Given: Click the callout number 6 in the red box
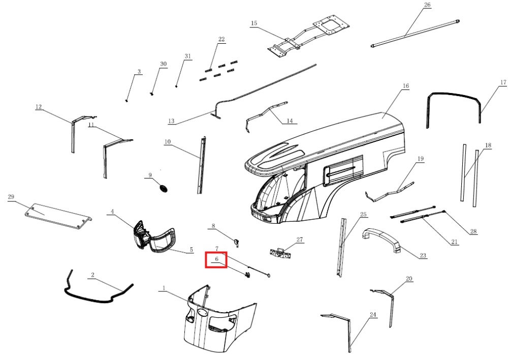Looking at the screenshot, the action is coord(217,259).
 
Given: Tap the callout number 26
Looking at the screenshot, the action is coord(427,5).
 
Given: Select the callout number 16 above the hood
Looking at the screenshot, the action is coord(405,85).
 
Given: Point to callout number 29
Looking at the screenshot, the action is coord(11,197).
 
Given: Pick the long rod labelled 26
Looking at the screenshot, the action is coord(415,34).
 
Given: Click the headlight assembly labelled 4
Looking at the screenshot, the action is coord(141,234).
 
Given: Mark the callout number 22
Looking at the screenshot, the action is coord(221,39).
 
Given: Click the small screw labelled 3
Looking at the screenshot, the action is coord(127,101).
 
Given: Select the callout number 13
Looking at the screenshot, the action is coord(171,121).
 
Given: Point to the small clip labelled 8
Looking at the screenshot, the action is coord(237,242).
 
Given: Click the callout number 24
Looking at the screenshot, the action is coord(373,315).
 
